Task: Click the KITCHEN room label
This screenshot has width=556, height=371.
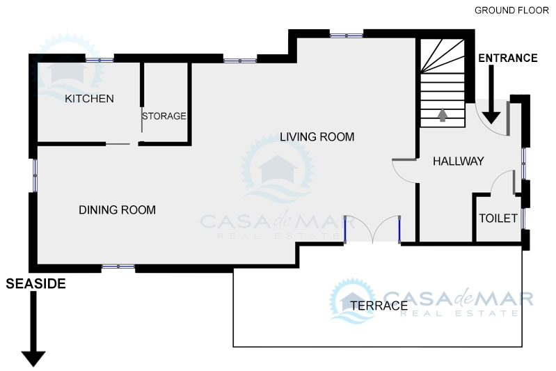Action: [89, 99]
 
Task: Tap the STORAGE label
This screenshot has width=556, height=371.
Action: [164, 116]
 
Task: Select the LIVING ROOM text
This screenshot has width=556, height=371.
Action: [317, 137]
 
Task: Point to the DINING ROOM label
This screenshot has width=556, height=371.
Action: [118, 210]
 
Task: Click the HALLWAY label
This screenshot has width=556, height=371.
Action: [459, 161]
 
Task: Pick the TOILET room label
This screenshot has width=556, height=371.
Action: [498, 218]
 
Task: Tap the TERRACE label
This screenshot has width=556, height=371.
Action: [379, 306]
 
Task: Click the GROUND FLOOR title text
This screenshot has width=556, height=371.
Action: [511, 10]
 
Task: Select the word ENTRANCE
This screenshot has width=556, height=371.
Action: [508, 58]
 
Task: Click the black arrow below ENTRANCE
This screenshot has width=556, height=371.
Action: [491, 95]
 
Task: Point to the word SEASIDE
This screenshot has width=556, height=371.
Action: [35, 284]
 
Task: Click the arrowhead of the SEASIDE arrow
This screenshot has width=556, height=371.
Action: [33, 358]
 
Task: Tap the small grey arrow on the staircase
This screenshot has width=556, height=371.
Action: [442, 115]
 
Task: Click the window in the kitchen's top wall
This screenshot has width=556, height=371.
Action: [100, 60]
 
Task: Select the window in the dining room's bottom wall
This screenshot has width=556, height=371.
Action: [118, 267]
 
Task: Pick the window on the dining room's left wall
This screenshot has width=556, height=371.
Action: [35, 175]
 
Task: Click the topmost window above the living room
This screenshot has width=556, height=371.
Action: [347, 35]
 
